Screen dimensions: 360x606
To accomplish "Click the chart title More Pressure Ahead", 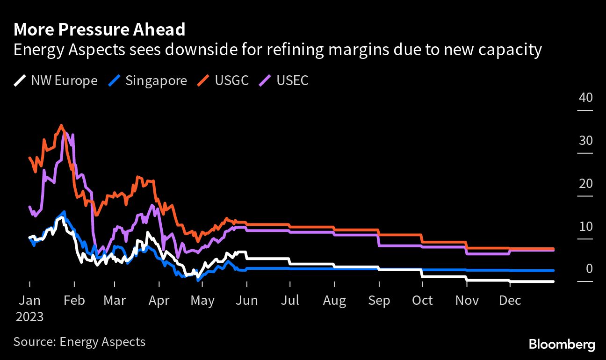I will coord(100,29).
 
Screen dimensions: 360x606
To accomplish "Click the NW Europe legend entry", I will coord(56,80).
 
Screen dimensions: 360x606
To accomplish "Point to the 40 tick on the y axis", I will coord(585,98).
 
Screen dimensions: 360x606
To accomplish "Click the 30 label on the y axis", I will coord(585,141).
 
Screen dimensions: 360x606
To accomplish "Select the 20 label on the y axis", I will coord(585,184).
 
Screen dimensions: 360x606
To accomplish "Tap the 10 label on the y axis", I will coord(585,227).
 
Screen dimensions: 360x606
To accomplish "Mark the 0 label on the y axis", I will coord(589,269).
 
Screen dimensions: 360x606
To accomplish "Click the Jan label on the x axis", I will coord(29,300).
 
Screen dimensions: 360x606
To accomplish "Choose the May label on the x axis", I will coord(202,300).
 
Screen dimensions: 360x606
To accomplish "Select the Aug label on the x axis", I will coord(334,300).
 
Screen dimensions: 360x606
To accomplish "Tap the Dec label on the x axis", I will coord(510,300).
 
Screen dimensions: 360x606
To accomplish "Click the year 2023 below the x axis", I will coord(29,317).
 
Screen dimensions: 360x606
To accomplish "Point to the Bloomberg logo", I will coord(562,345).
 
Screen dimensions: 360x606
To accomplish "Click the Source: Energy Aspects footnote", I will coord(79,342).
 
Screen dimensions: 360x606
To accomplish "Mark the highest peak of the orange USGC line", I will coord(61,125).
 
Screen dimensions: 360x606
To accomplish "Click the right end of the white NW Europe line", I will coord(554,281).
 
